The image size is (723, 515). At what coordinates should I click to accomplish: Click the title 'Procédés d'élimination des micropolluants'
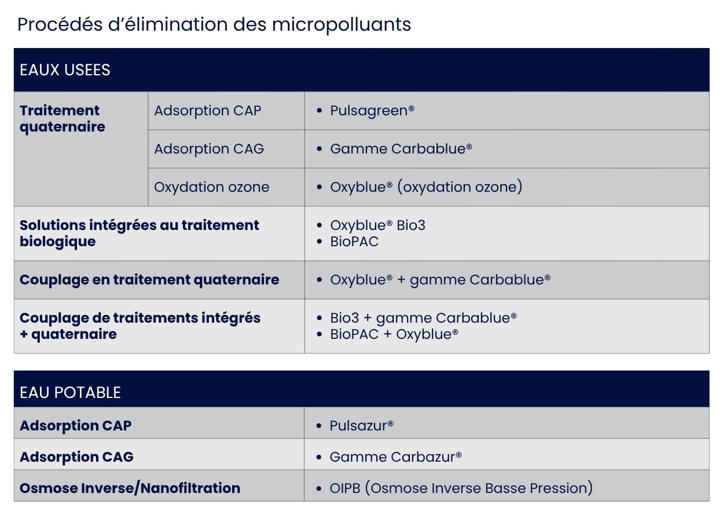(x=214, y=24)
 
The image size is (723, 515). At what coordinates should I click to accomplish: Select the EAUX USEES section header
(x=65, y=70)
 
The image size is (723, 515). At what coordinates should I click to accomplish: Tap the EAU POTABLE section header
(x=70, y=393)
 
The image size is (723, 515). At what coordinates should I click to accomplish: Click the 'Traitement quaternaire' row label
(x=63, y=119)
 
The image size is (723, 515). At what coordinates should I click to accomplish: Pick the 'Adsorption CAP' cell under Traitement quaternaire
(x=208, y=111)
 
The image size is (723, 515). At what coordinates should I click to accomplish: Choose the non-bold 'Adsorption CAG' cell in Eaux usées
(x=209, y=149)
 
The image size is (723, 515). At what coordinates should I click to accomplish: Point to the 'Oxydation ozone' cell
(x=211, y=187)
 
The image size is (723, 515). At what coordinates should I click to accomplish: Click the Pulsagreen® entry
(x=372, y=111)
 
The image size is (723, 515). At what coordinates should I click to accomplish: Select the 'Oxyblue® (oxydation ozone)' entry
(x=426, y=187)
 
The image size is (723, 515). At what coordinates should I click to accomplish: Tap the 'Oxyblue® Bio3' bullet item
(x=377, y=225)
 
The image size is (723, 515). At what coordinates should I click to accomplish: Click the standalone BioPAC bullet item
(x=354, y=242)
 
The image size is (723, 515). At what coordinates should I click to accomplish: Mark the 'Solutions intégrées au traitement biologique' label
(x=139, y=233)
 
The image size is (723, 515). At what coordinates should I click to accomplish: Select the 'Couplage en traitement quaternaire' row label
(x=149, y=280)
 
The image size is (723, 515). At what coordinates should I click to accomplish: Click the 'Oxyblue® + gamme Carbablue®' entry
(x=441, y=280)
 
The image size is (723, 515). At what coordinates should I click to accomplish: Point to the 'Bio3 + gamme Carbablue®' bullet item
(x=423, y=318)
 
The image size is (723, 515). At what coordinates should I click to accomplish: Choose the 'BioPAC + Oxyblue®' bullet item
(x=394, y=334)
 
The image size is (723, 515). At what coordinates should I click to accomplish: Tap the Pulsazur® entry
(x=361, y=426)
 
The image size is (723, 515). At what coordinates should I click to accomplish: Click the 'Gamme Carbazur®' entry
(x=396, y=457)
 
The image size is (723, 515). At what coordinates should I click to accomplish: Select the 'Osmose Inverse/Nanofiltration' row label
(x=130, y=488)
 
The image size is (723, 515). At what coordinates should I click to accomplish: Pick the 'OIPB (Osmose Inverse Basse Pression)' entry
(x=461, y=488)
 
